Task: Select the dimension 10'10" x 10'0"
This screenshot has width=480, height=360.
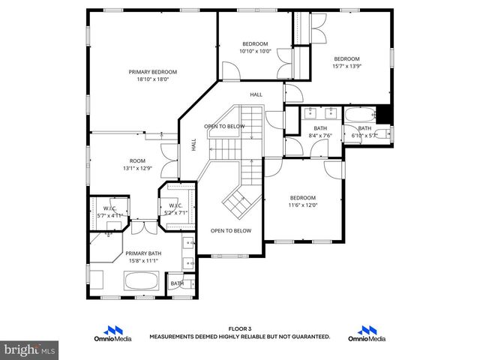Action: [255, 51]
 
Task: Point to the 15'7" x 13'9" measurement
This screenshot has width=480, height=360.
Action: [346, 66]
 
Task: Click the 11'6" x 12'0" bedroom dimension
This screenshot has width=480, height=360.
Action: [304, 205]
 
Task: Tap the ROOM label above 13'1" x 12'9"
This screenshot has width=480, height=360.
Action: [137, 160]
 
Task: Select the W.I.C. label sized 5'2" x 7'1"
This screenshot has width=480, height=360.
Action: [176, 205]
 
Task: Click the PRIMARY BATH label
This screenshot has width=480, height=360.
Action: [143, 253]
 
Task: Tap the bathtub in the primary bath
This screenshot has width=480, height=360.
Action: [140, 283]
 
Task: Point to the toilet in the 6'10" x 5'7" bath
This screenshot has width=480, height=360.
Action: [382, 134]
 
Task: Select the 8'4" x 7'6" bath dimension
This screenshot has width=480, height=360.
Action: [320, 136]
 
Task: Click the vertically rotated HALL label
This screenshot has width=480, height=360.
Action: [193, 145]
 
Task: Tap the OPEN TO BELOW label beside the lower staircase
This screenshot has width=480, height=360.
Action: [230, 230]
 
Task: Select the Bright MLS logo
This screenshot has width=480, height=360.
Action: [29, 349]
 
